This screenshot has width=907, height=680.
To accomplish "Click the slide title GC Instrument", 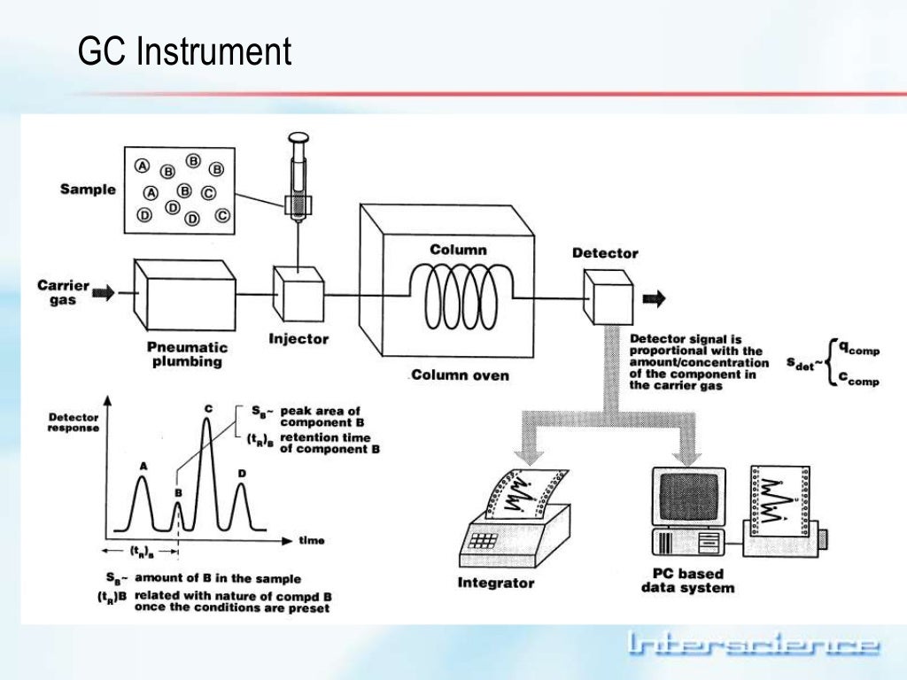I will coord(184,51).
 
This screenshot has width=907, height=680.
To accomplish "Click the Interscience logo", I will coord(753,644).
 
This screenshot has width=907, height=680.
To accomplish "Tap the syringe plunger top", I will coord(298,139).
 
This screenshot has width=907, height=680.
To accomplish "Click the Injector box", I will coord(298,294).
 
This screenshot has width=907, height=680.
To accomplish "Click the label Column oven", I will coord(459,375).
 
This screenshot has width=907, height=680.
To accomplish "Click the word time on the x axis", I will coord(311,540).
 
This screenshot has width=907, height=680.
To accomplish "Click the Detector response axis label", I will coord(74,422).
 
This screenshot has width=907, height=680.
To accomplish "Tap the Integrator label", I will coord(496,583).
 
